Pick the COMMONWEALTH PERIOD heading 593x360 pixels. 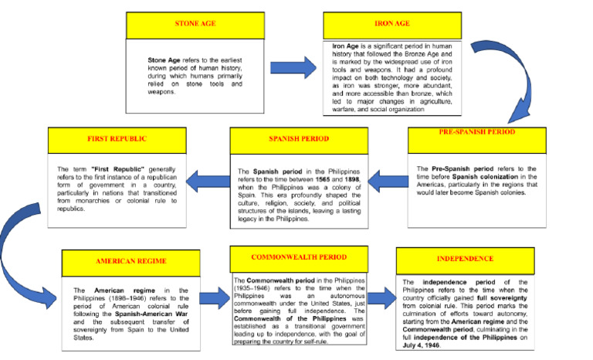coord(299,257)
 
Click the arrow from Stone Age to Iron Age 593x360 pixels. coord(292,69)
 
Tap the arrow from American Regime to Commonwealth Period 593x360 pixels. coord(215,297)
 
